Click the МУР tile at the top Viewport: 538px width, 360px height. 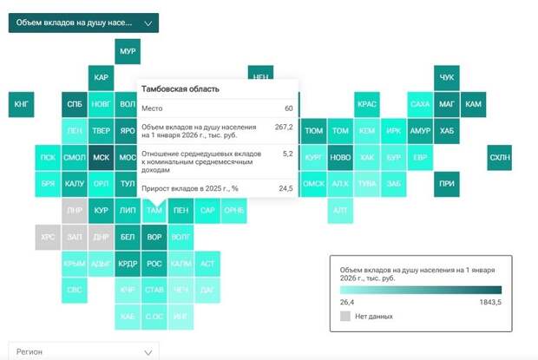click(x=128, y=52)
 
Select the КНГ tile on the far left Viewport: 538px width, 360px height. click(x=22, y=105)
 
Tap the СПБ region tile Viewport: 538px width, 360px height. click(x=75, y=105)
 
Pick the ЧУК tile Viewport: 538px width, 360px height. click(x=446, y=78)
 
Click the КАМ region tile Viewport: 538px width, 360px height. click(x=473, y=105)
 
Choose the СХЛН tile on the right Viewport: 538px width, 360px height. click(x=499, y=158)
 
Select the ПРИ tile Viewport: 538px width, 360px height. click(x=446, y=184)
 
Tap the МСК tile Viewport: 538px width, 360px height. click(x=102, y=158)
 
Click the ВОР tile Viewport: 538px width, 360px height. click(x=154, y=237)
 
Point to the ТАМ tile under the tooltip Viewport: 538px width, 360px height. click(x=154, y=211)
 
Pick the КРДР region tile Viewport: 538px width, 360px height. click(x=128, y=264)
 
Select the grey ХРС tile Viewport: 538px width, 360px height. click(x=49, y=237)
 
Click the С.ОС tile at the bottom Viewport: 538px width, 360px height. click(x=154, y=317)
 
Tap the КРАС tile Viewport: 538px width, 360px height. click(x=366, y=105)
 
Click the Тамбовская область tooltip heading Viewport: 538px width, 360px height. click(x=180, y=88)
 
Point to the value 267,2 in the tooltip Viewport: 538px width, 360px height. click(x=284, y=127)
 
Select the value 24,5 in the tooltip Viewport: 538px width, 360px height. click(x=285, y=187)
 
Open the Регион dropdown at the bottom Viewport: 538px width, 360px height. click(x=83, y=351)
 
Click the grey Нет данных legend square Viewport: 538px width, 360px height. click(x=345, y=317)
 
